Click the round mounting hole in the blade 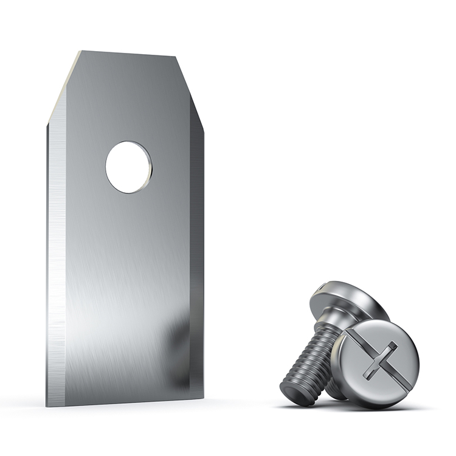coord(128,167)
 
